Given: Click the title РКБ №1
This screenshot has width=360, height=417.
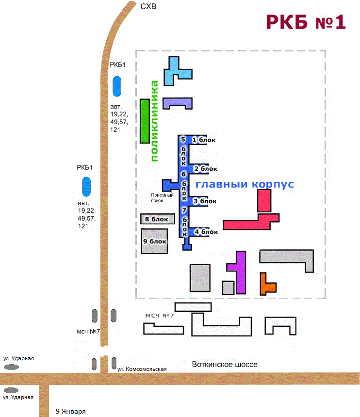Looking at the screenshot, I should point(305,22).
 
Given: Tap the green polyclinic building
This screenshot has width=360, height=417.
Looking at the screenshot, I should point(144,121).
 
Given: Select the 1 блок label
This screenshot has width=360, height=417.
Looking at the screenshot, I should point(203,140).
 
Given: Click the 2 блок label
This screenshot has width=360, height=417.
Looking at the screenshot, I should point(205,169).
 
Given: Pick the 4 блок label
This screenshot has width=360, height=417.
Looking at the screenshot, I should point(206,232).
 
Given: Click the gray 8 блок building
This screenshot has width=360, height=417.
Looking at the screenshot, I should point(156,219).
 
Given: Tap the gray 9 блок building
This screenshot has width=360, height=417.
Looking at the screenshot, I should point(155,241).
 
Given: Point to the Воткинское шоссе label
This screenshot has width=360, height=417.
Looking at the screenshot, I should point(224,365).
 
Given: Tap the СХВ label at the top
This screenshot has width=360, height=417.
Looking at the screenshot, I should point(148,6).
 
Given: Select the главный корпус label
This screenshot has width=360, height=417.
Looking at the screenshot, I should point(245,185).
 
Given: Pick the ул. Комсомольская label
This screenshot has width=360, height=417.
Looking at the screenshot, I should point(142,369).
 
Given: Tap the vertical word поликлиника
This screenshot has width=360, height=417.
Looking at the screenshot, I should point(155,121).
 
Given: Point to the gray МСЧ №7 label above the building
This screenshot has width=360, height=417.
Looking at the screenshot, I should point(159,316).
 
